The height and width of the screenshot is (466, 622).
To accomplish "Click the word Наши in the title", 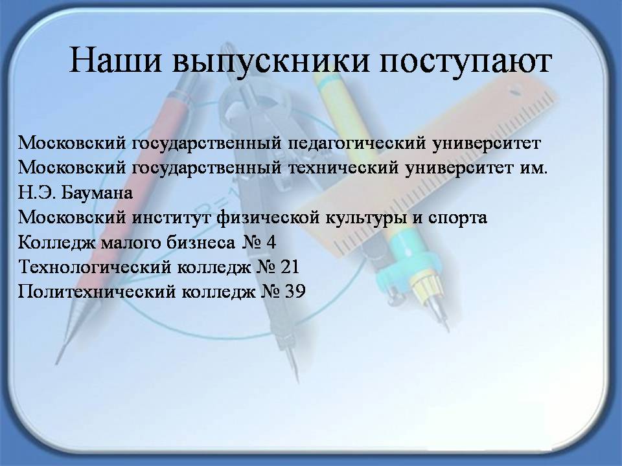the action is [116, 60].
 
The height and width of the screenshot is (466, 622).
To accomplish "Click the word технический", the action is [343, 168].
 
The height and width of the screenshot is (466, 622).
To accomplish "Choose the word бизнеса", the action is [201, 243].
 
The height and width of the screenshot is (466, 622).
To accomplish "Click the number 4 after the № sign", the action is [271, 243].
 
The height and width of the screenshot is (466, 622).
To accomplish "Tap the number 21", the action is [290, 267].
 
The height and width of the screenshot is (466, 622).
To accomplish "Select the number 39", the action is [295, 292].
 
